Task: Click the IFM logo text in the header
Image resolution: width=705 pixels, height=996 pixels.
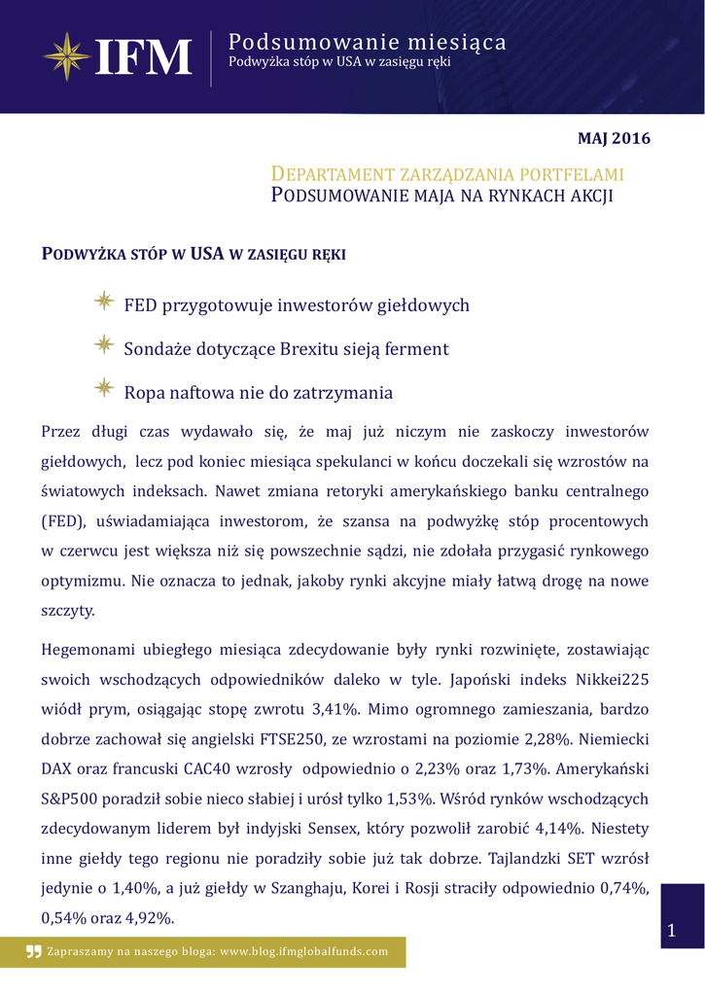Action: pos(144,57)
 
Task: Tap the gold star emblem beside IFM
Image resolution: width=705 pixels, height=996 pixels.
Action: pos(65,56)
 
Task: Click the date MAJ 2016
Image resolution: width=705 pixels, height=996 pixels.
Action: pos(614,138)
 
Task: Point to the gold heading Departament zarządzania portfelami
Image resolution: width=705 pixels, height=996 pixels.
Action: pos(446,174)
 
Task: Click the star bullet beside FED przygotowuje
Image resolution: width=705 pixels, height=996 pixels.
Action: pos(104,302)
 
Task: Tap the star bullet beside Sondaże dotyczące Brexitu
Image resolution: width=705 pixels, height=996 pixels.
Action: pos(104,346)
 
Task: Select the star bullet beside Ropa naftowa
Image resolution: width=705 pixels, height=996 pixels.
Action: pos(104,390)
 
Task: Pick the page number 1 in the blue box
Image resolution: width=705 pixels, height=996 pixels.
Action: pos(671,932)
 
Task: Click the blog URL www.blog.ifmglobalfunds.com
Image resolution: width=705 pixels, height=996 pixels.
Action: pos(303,952)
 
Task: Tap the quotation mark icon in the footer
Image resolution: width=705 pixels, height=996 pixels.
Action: pos(34,952)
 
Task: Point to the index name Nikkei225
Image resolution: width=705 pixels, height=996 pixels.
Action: pos(608,680)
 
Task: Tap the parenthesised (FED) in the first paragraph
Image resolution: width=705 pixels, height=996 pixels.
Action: pos(64,521)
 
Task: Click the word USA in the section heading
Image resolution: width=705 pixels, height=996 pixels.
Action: pos(207,255)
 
